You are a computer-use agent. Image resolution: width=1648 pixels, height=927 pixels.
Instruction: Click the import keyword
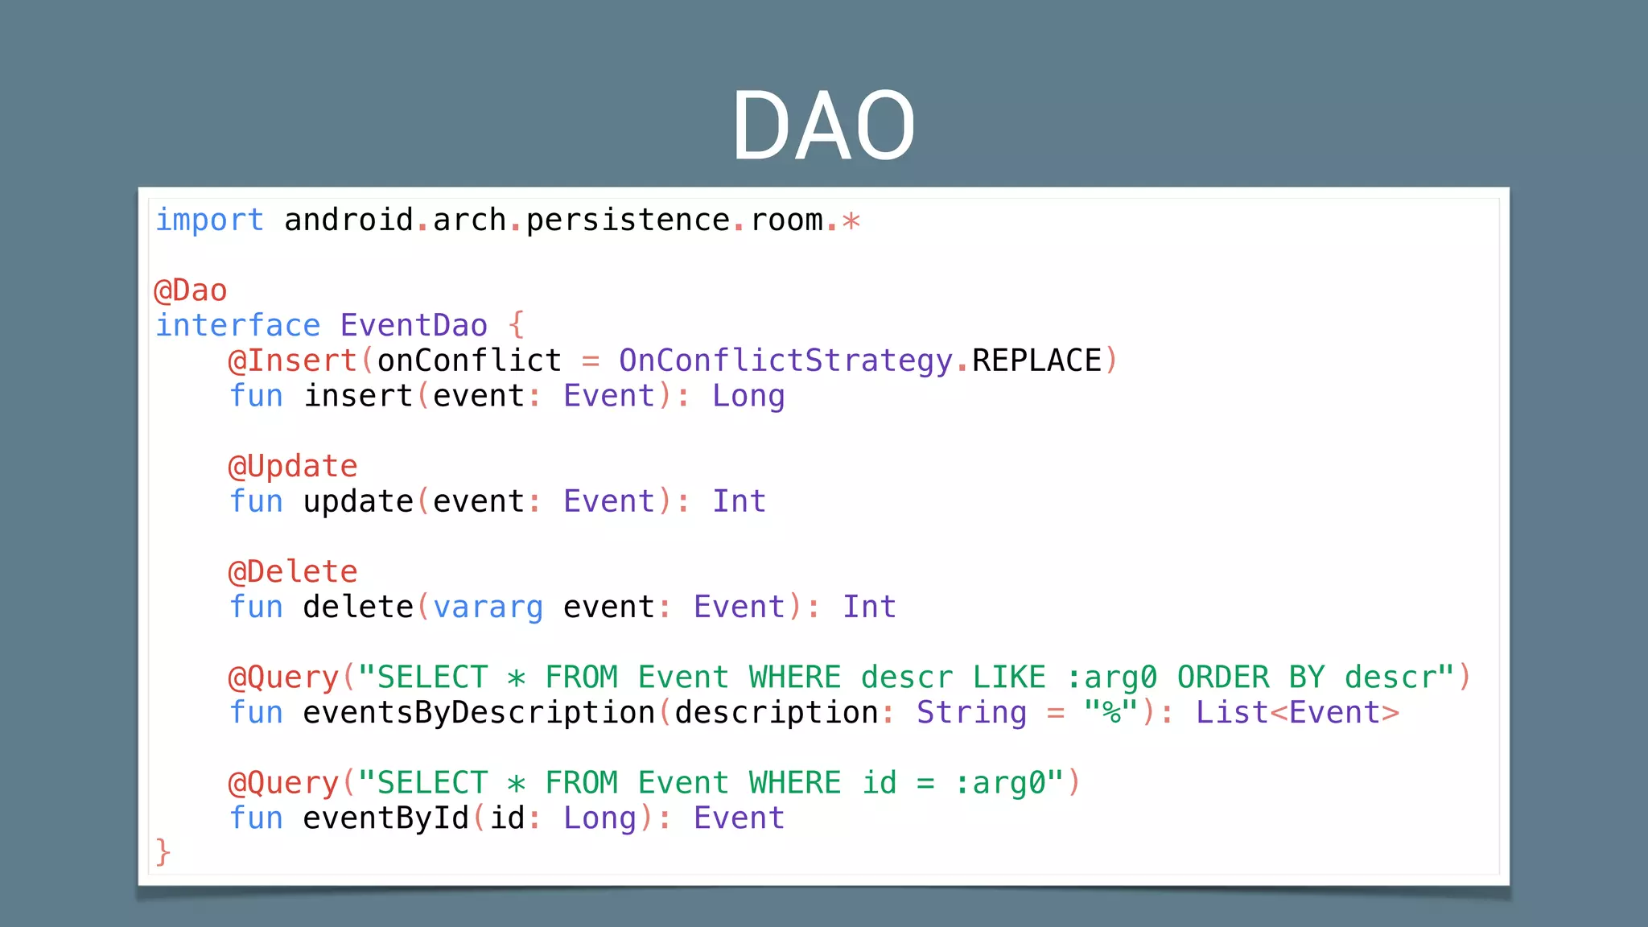click(209, 220)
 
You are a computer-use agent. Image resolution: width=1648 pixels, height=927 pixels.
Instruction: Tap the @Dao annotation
click(191, 290)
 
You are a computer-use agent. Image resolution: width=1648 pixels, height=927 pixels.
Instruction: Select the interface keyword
click(237, 326)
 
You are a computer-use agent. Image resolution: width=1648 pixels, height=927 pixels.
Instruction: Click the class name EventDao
click(414, 326)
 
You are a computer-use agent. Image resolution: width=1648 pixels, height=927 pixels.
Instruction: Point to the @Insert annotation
click(293, 360)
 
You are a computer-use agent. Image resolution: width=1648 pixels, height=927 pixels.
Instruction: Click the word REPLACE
click(1036, 360)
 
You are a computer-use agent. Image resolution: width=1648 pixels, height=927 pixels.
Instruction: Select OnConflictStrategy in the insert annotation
click(785, 360)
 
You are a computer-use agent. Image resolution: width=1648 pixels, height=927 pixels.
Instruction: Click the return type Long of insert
click(748, 396)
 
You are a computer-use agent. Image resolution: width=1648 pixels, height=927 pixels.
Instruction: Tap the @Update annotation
click(293, 467)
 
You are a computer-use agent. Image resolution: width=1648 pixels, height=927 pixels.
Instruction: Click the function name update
click(358, 501)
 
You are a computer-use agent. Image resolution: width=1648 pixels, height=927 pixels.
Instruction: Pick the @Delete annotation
click(293, 572)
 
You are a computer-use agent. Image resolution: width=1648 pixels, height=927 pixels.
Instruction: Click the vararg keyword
click(488, 607)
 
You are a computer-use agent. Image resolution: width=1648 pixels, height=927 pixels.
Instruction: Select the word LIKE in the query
click(1009, 678)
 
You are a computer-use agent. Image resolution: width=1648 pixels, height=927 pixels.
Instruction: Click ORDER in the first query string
click(1222, 678)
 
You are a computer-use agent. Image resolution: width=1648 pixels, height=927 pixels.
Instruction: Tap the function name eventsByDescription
click(479, 713)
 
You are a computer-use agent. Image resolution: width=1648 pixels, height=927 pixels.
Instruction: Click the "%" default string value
click(1110, 713)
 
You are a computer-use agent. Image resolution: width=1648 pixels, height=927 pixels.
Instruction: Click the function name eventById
click(385, 818)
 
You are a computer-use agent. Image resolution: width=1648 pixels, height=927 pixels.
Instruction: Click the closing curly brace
click(163, 852)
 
